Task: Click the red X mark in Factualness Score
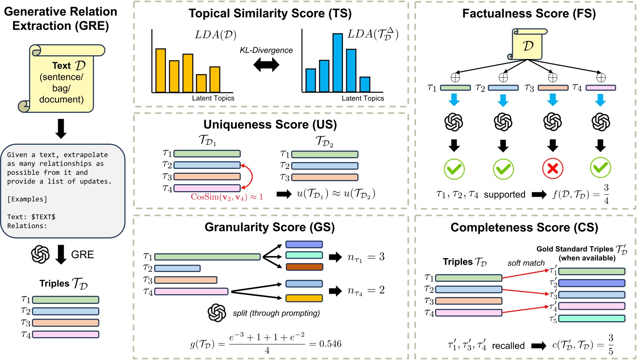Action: [552, 169]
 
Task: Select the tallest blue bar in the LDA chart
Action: [338, 63]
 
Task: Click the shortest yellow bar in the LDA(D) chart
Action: [201, 83]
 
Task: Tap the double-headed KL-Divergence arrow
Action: [266, 65]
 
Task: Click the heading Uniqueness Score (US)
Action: [270, 124]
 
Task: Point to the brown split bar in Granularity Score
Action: [304, 267]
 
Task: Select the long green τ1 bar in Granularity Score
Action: [207, 257]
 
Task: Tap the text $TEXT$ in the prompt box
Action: [43, 217]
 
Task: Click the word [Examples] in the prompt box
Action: [27, 199]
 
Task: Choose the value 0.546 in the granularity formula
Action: [330, 344]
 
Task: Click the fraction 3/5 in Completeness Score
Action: [610, 344]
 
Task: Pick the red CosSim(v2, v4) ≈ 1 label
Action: [227, 197]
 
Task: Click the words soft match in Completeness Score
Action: [526, 263]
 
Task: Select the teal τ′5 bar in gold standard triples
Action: [592, 318]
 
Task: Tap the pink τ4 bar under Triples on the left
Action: [65, 334]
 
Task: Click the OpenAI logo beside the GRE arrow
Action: [40, 254]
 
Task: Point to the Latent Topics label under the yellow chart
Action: [213, 98]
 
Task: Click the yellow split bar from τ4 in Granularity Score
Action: [304, 298]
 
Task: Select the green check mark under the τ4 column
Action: [600, 168]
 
